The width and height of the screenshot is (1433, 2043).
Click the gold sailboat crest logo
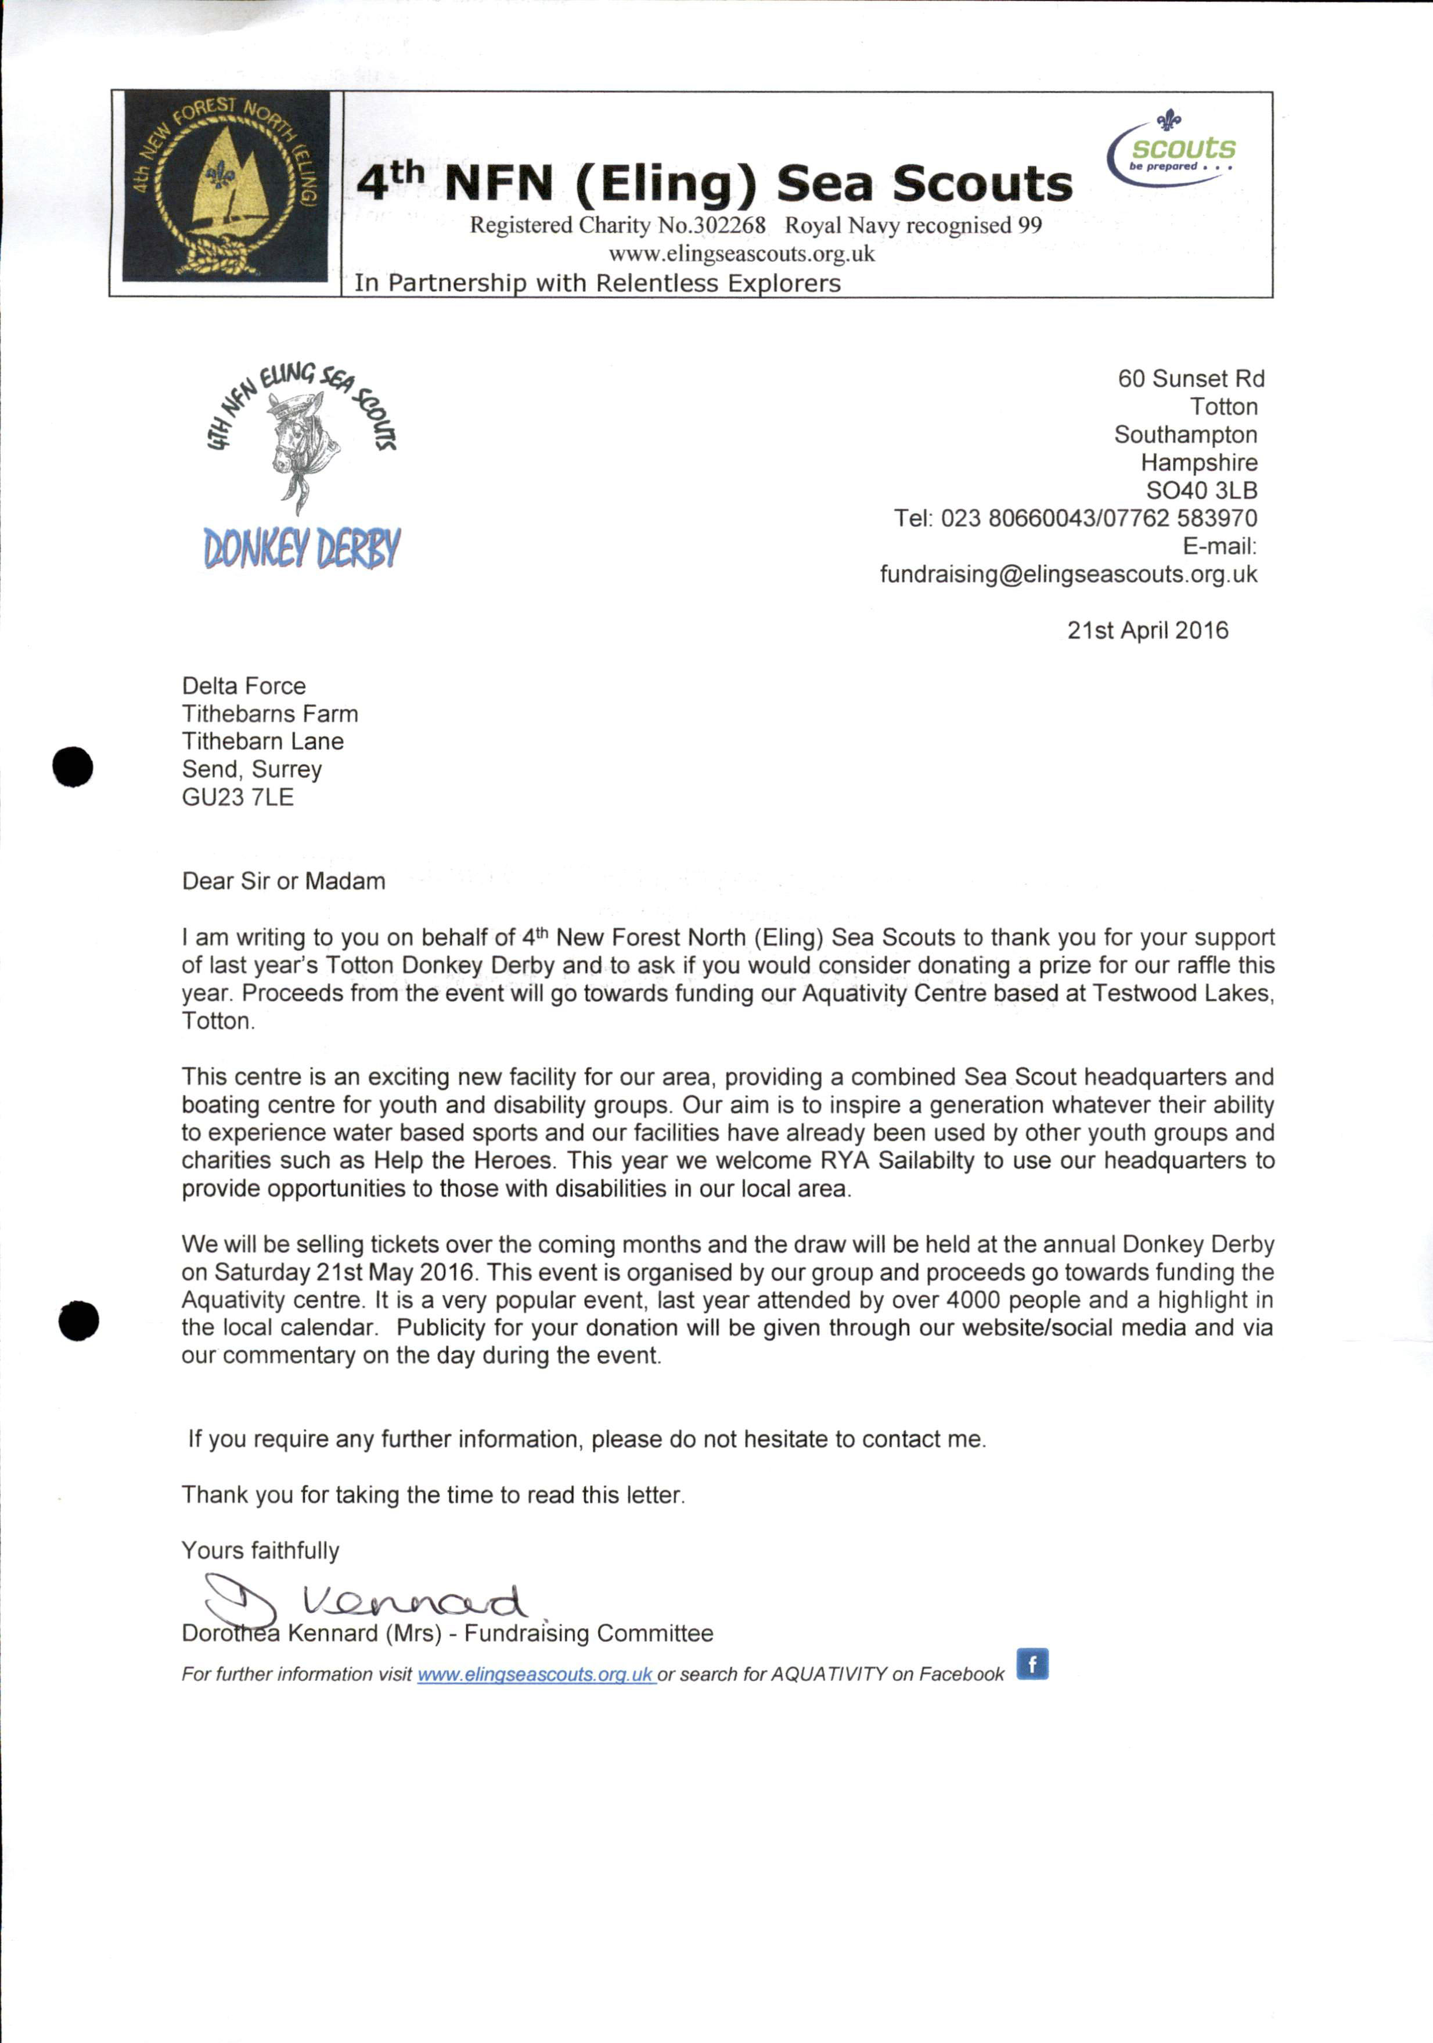225,185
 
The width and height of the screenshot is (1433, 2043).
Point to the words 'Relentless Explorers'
718,283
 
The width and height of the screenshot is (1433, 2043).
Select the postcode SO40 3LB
1201,490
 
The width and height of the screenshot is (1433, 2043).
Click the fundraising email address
1068,574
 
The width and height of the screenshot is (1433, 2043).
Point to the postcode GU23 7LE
237,797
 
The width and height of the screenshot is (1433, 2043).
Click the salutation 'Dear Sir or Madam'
283,881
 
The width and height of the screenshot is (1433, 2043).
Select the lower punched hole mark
78,1320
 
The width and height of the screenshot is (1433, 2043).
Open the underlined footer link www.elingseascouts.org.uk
536,1674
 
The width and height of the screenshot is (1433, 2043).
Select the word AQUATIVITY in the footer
829,1674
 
